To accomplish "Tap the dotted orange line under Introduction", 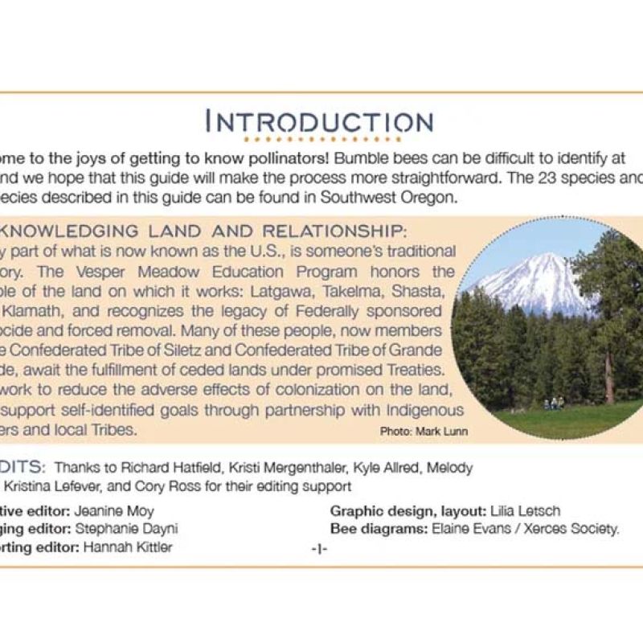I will point(319,140).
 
